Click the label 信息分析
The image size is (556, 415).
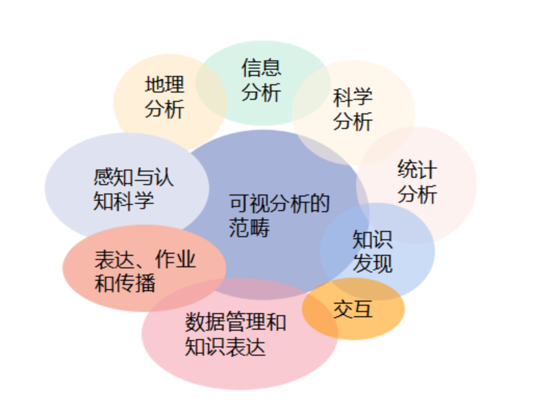(x=261, y=80)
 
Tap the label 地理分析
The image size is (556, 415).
(x=165, y=97)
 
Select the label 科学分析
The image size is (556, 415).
(x=353, y=109)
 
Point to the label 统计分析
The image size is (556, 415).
(x=417, y=182)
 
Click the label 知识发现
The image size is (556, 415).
(x=372, y=252)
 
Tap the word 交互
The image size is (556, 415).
(x=353, y=309)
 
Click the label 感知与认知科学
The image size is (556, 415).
(x=133, y=189)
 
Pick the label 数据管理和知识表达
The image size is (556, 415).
(x=235, y=335)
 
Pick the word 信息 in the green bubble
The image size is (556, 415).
(x=261, y=68)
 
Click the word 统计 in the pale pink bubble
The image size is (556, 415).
(x=417, y=170)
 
